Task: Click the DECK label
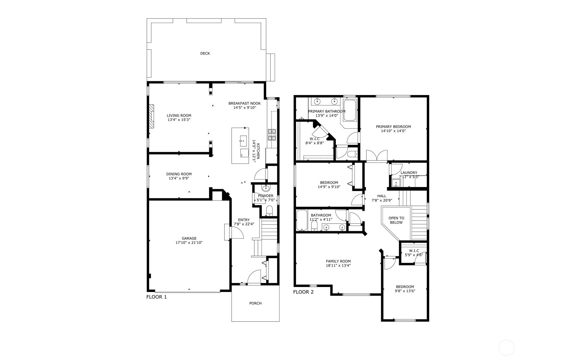pos(205,53)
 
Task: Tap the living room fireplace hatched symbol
pos(151,116)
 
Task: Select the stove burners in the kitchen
pos(272,135)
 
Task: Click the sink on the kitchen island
pos(243,140)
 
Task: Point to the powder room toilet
pos(269,211)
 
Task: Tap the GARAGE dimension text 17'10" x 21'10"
pos(189,243)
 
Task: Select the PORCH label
pos(255,303)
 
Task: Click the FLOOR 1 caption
pos(156,297)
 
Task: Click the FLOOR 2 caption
pos(303,292)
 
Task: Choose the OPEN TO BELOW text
pos(396,220)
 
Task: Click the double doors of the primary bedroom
pos(377,156)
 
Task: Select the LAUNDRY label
pos(409,173)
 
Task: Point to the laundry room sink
pos(396,183)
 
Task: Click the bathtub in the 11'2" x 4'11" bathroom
pos(301,220)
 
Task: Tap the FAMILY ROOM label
pos(338,261)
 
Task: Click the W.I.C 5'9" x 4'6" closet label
pos(414,251)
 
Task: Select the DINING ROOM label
pos(179,174)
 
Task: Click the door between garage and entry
pos(236,233)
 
